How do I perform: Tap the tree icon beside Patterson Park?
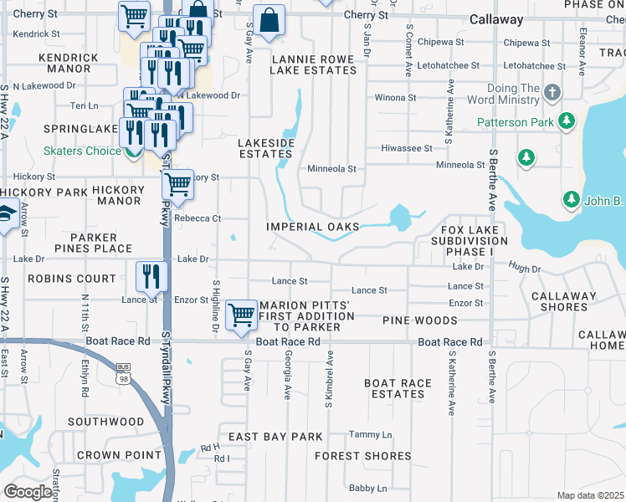(567, 121)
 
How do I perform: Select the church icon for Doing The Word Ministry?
(552, 91)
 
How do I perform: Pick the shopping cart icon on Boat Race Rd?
(241, 315)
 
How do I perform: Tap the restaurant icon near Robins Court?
(151, 274)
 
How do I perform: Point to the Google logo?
(28, 492)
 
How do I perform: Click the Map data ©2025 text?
(590, 495)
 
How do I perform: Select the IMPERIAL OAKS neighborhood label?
(313, 227)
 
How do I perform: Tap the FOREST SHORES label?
(363, 456)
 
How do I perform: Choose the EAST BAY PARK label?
(275, 437)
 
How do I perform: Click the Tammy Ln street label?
(370, 435)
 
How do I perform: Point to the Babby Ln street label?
(367, 488)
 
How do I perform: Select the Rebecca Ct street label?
(203, 218)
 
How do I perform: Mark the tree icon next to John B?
(571, 199)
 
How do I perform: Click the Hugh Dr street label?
(525, 269)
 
